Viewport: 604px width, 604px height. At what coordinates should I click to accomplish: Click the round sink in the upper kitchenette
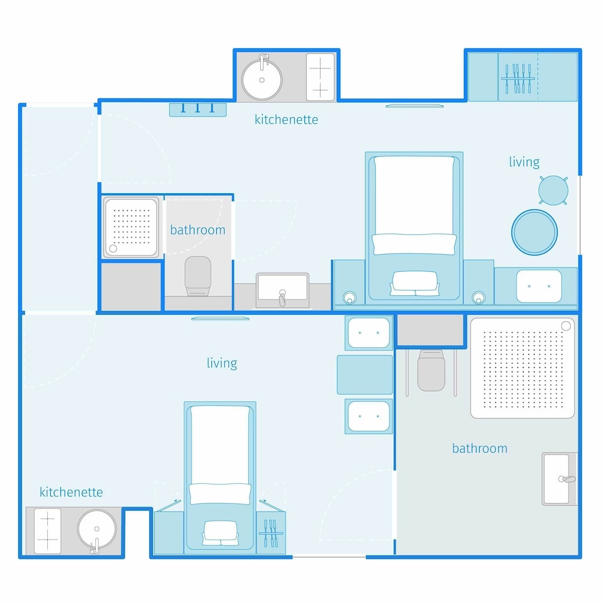(262, 79)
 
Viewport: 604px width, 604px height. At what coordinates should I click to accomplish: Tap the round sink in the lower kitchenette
(97, 529)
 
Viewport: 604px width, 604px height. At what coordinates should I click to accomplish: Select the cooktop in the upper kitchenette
(320, 77)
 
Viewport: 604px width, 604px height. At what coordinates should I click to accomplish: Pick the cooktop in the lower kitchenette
(47, 531)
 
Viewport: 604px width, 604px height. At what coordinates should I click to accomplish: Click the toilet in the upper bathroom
(198, 276)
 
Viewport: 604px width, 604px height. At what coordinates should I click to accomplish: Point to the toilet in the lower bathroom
(431, 370)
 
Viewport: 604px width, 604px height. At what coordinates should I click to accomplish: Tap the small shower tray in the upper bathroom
(131, 227)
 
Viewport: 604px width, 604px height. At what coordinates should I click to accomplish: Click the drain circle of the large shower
(566, 326)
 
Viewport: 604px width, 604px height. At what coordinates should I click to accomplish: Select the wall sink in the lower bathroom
(559, 479)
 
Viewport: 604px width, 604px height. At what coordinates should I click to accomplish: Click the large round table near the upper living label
(535, 233)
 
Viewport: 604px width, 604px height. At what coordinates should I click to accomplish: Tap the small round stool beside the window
(553, 190)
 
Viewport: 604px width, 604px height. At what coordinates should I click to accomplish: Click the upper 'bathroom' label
(198, 230)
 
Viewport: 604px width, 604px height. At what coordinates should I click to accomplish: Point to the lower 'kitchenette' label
(71, 492)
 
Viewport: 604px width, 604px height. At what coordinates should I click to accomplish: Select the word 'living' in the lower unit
(222, 363)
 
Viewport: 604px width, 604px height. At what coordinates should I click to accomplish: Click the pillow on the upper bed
(414, 244)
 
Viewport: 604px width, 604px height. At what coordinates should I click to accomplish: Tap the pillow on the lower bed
(220, 493)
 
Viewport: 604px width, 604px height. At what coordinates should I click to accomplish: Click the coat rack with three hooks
(198, 109)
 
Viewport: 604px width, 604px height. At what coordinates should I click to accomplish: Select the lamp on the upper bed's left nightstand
(349, 297)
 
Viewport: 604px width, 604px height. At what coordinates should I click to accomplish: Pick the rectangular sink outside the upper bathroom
(283, 290)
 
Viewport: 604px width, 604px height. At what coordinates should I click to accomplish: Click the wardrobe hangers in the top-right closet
(518, 79)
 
